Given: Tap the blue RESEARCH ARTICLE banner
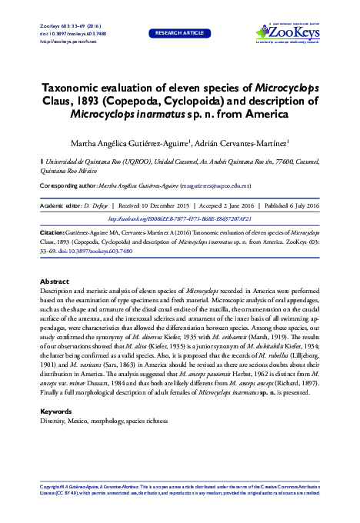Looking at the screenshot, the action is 179,34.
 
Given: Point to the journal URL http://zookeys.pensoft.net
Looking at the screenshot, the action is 67,41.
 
